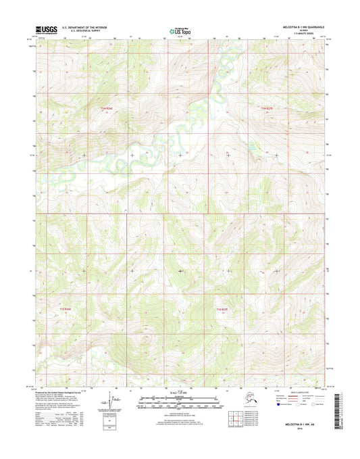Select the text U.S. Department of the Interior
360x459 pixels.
point(84,28)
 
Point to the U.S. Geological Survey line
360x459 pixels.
point(80,32)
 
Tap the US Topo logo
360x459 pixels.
point(179,30)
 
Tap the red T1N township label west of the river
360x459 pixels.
point(107,108)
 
